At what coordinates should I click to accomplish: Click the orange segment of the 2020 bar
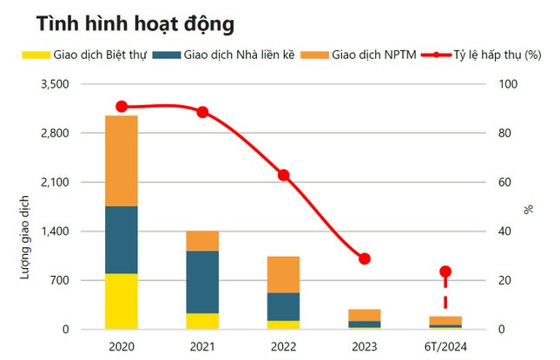click(121, 160)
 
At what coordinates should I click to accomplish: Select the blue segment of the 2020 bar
click(121, 239)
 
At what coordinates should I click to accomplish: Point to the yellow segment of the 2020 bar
click(121, 301)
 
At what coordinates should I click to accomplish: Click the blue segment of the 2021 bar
click(202, 282)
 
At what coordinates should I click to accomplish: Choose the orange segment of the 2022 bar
click(283, 274)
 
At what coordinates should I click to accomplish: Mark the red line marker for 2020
click(122, 107)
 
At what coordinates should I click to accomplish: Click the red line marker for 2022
click(283, 175)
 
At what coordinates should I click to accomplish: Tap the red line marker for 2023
click(365, 259)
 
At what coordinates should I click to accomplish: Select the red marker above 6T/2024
click(445, 272)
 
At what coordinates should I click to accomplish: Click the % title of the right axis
click(527, 209)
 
